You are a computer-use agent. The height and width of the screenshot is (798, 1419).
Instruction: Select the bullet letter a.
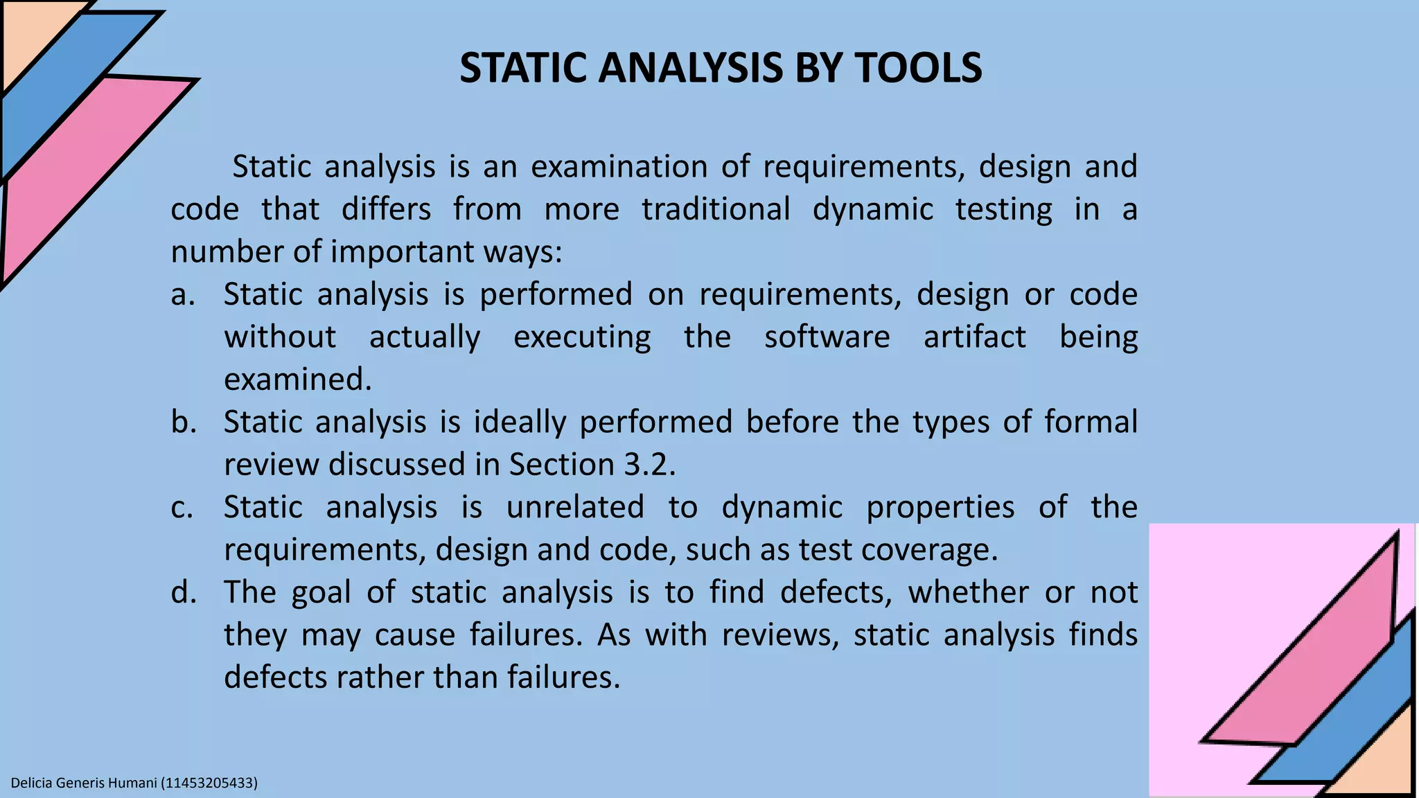182,295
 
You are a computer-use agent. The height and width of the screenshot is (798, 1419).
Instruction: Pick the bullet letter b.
184,422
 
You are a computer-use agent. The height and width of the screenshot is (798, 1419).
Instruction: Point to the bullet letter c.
182,508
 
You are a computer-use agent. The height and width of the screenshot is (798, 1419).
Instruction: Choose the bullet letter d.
184,592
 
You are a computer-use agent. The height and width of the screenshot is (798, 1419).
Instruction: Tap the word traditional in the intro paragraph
716,209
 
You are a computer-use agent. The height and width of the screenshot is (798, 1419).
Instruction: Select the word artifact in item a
974,337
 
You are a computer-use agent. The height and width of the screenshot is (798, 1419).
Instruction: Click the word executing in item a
582,337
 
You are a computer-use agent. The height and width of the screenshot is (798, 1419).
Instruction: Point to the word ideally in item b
520,422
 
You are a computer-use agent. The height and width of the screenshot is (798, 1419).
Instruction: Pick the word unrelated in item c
575,507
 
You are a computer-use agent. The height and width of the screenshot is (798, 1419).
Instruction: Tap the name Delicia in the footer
32,783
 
